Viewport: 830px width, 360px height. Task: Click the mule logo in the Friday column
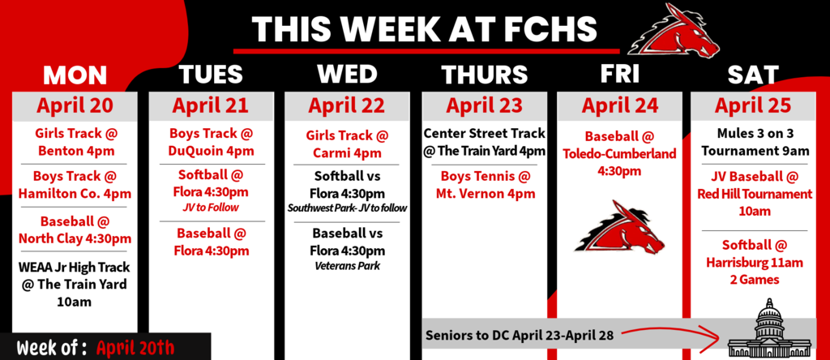point(620,226)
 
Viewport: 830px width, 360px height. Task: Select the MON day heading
point(75,75)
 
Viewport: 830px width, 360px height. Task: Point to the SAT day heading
point(753,75)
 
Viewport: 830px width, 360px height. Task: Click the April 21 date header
point(211,106)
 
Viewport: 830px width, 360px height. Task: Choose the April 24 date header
point(620,106)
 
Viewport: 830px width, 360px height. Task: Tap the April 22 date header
point(347,106)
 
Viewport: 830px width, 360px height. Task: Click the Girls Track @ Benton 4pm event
point(75,142)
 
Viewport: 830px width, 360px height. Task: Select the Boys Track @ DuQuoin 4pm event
point(211,142)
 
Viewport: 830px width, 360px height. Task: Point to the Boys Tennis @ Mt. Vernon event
point(484,184)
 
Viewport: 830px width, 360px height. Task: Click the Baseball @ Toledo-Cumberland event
point(620,154)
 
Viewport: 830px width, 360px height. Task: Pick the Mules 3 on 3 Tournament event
point(753,142)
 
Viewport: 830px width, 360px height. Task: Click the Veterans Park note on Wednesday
point(347,266)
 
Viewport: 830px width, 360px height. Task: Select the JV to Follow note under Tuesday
point(211,208)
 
